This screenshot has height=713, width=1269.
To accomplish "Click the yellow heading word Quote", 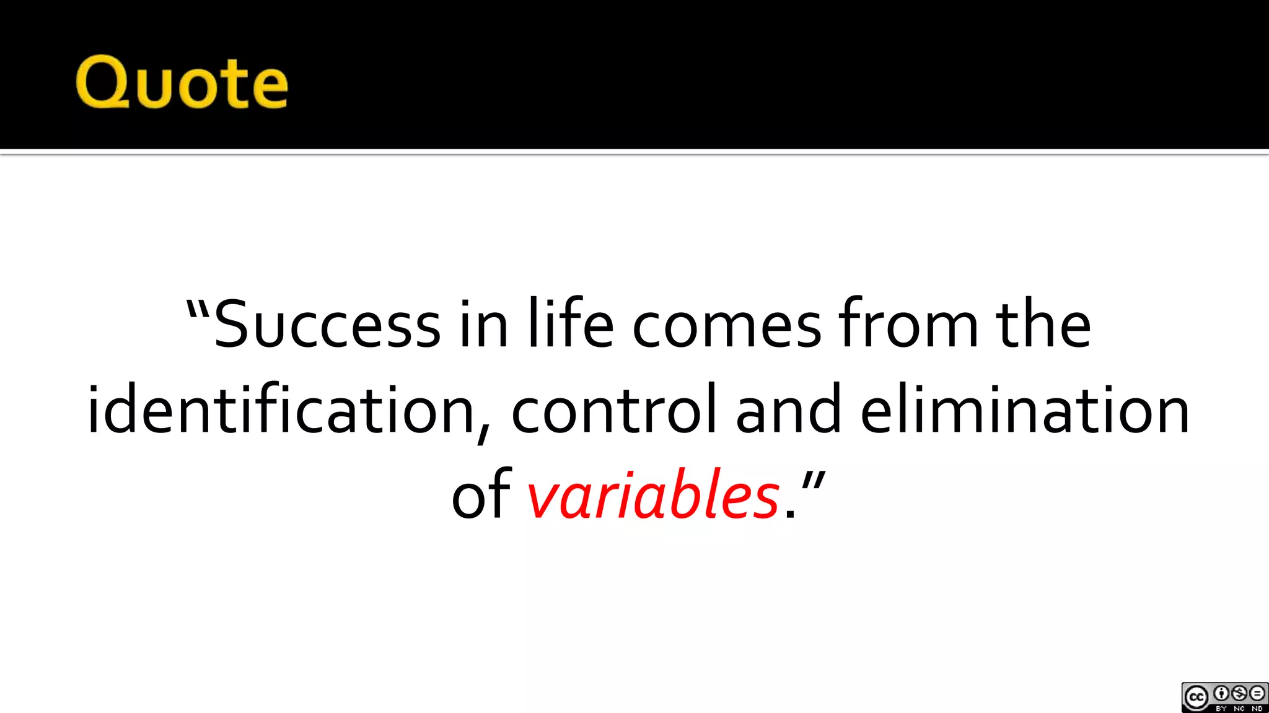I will click(182, 82).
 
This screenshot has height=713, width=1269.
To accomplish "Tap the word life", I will click(571, 324).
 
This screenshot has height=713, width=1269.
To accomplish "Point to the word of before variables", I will click(481, 495).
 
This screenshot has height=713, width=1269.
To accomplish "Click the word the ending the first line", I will click(1043, 324).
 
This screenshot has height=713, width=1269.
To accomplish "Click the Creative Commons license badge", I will click(1224, 698).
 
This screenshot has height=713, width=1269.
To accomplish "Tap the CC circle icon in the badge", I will click(1197, 698).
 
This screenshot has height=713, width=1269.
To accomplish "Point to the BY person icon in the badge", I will click(1221, 693).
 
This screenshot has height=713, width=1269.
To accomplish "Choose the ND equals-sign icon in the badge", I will click(1257, 693).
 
